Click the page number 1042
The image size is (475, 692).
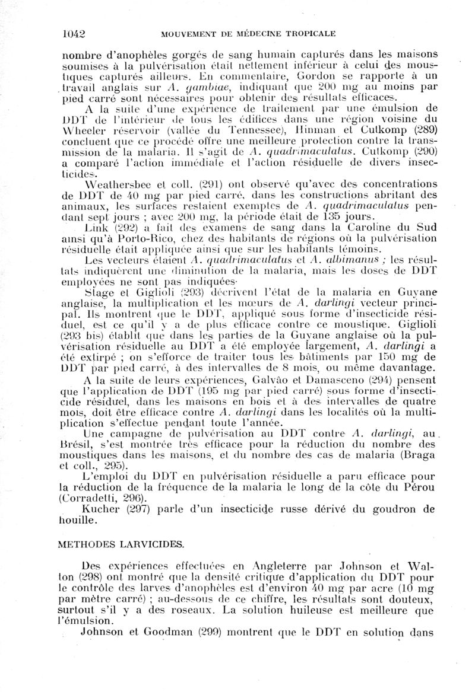(x=74, y=33)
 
